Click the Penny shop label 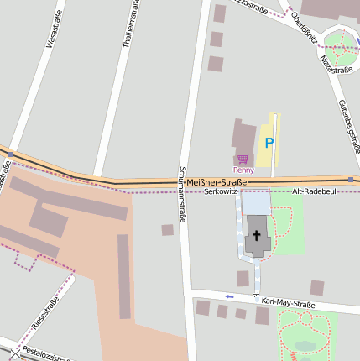(x=243, y=170)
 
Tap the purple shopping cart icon (x=243, y=159)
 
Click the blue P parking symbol (x=269, y=144)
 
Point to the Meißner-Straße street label (x=216, y=182)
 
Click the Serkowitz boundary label (x=222, y=192)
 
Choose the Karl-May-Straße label (x=287, y=303)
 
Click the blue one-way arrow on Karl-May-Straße (x=230, y=296)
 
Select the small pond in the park (x=305, y=345)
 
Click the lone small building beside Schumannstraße (x=168, y=229)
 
